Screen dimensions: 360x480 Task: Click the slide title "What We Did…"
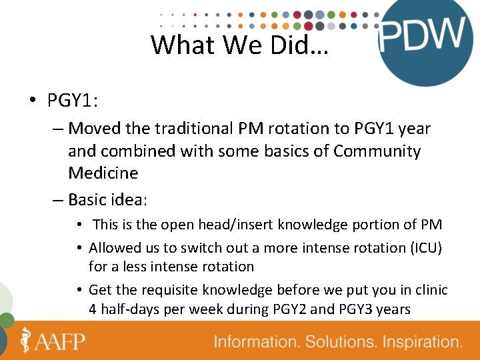(239, 45)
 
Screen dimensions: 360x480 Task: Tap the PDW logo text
(422, 35)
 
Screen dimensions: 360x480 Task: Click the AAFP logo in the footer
(53, 341)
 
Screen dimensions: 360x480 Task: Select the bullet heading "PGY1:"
(73, 100)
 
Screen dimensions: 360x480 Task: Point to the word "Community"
(377, 151)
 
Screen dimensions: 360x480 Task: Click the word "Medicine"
(103, 173)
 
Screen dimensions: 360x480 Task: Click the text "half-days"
(131, 309)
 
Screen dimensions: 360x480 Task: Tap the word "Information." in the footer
(256, 343)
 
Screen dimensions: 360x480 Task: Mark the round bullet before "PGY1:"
(32, 101)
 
